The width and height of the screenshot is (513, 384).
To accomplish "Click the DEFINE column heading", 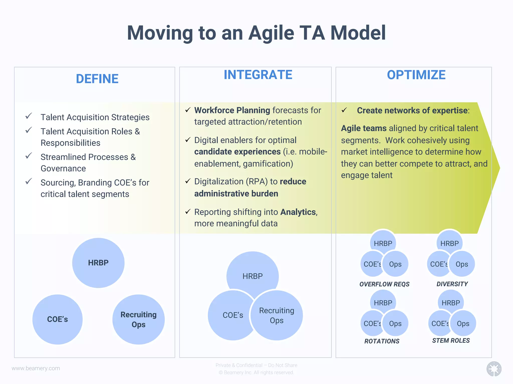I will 97,79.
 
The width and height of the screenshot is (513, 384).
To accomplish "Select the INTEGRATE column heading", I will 258,75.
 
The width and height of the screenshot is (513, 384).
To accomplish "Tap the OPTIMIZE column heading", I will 416,75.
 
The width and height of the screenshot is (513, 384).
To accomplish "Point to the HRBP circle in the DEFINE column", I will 98,263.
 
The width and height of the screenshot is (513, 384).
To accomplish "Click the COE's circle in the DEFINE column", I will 57,319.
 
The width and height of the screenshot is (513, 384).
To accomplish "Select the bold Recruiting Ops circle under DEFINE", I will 139,319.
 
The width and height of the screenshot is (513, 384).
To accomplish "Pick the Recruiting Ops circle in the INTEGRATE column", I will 277,315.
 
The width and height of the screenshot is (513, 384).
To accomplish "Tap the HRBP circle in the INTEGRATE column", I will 252,272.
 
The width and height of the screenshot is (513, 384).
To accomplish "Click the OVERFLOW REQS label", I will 384,284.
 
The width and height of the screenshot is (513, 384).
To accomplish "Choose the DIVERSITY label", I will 452,284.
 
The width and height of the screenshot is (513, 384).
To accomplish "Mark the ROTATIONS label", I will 382,341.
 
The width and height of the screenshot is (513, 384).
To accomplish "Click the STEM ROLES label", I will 451,340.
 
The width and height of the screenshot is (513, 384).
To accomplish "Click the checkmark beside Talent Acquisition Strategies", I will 29,116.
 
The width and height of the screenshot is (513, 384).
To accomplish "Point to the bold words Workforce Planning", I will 232,110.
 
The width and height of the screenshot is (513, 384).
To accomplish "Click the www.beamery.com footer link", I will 36,368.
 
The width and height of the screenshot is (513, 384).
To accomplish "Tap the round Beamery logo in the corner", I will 494,368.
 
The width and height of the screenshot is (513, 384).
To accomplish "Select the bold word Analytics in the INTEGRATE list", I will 298,212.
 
